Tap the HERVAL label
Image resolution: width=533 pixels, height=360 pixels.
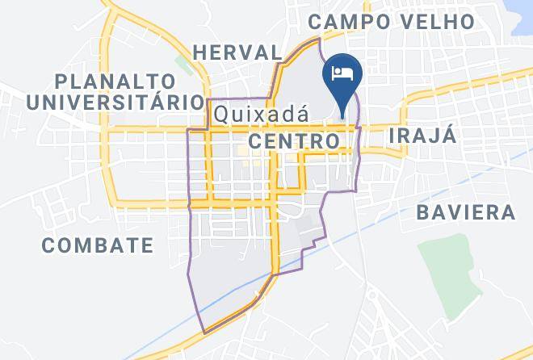coord(237,52)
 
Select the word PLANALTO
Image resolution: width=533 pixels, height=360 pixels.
coord(115,81)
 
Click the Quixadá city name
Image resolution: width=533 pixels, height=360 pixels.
coord(261,114)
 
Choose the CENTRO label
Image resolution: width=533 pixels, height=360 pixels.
coord(294,141)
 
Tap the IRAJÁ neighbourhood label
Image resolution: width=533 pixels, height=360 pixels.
coord(422,135)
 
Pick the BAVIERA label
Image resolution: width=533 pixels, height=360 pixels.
coord(466,212)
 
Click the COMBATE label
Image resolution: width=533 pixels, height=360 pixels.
coord(98,245)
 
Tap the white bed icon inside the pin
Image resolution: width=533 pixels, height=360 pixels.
coord(342,73)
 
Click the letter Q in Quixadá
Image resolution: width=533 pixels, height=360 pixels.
coord(221,114)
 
